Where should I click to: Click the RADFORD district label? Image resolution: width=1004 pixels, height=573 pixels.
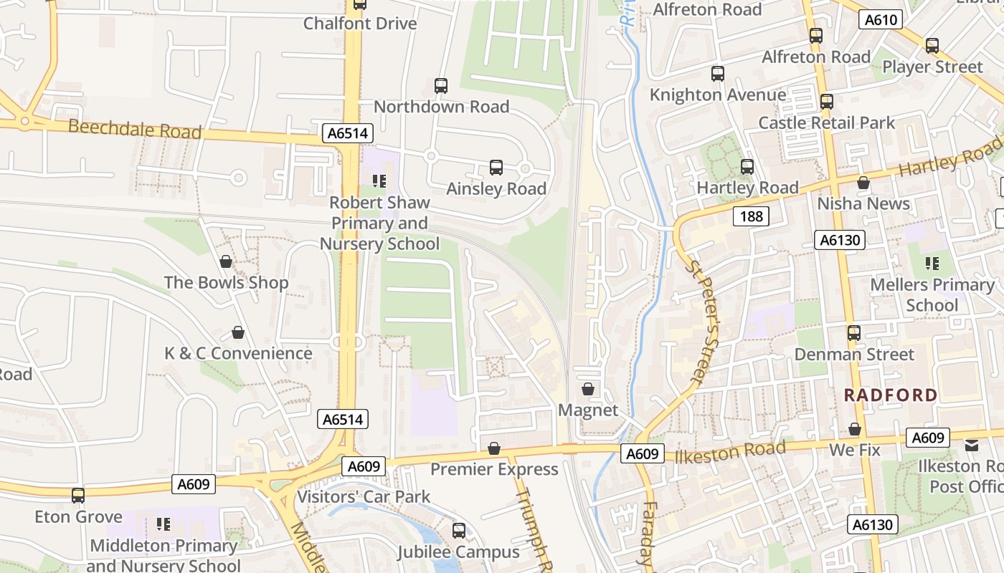pos(890,395)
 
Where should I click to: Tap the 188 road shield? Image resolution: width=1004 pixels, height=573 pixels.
pos(751,216)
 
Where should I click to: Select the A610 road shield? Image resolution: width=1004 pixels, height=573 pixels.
pos(881,20)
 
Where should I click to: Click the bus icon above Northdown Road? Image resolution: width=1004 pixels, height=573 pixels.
pos(441,86)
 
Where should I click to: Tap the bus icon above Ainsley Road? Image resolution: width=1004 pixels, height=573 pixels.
pos(496,168)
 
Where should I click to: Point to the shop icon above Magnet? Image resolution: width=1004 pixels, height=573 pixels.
pos(588,389)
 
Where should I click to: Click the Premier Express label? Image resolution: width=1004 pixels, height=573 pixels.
pos(494,469)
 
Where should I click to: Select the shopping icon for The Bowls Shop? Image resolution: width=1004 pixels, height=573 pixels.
pos(226,261)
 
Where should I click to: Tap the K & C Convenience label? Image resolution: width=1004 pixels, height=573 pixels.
pos(238,353)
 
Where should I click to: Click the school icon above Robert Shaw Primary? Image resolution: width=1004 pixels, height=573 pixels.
pos(379,181)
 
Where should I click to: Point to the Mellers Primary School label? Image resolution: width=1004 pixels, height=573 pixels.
pos(932,295)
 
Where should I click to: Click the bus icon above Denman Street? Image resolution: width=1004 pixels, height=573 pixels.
pos(853,333)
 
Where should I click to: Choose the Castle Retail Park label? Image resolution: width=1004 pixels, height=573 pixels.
pos(827,122)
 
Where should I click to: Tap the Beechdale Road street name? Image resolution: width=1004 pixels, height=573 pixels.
pos(135,130)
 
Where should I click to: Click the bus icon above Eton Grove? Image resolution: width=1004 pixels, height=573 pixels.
pos(77,495)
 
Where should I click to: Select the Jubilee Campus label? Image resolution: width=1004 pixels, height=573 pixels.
pos(458,552)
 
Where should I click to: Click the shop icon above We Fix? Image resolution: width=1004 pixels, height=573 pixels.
pos(854,429)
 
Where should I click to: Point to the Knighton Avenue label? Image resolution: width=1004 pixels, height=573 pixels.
pos(717,95)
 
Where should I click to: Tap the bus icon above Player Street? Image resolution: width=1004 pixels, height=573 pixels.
pos(932,46)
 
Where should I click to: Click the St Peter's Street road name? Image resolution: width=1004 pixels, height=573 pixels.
pos(703,321)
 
